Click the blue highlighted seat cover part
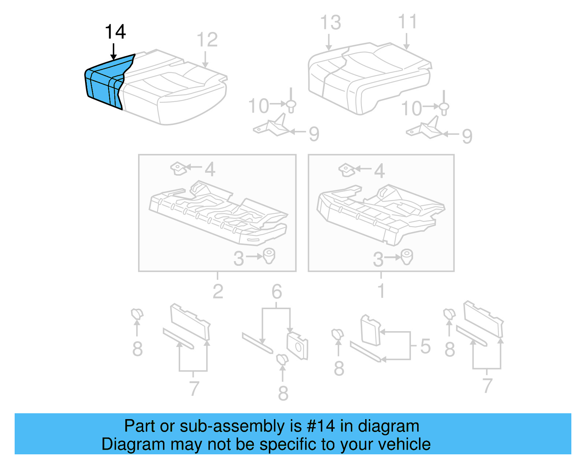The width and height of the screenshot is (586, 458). tap(104, 83)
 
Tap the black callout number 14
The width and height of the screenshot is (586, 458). tap(115, 32)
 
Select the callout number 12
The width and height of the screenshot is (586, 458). tap(207, 40)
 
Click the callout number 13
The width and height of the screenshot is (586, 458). tap(330, 23)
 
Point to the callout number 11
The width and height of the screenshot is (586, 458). tap(407, 22)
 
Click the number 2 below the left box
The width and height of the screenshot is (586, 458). tap(218, 292)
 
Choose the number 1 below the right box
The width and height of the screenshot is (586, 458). tap(381, 291)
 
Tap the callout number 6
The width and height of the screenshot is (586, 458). tap(277, 292)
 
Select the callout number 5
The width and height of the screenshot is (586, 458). tap(425, 346)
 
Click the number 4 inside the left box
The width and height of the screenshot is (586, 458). tap(210, 169)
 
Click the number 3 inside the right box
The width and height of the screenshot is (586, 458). tap(378, 259)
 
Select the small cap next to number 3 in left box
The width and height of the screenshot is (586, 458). tap(269, 256)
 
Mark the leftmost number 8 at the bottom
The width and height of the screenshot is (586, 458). tap(137, 349)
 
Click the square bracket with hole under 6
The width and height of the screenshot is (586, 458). tap(298, 346)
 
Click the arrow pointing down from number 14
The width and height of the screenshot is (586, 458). tap(114, 51)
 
